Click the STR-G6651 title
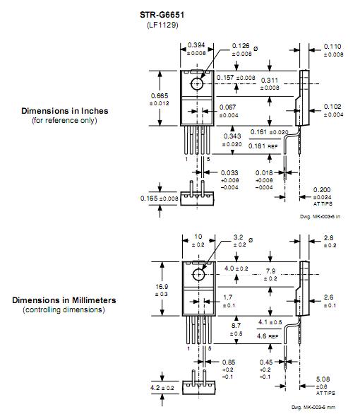point(162,15)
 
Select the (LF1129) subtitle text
point(162,25)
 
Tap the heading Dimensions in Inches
point(65,111)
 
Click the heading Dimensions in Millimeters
point(64,300)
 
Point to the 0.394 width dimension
point(196,45)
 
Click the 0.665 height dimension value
point(160,96)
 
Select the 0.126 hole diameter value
point(241,46)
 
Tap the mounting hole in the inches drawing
point(197,84)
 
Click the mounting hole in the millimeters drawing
point(198,275)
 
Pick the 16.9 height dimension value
point(162,286)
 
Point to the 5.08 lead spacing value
point(323,379)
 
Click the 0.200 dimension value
point(322,190)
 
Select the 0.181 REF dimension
point(263,146)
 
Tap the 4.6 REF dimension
point(268,336)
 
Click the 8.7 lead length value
point(236,326)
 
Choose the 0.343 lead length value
point(232,136)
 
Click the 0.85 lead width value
point(229,362)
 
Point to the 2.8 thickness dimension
point(329,238)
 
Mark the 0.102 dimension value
point(332,107)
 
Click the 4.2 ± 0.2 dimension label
point(162,388)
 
